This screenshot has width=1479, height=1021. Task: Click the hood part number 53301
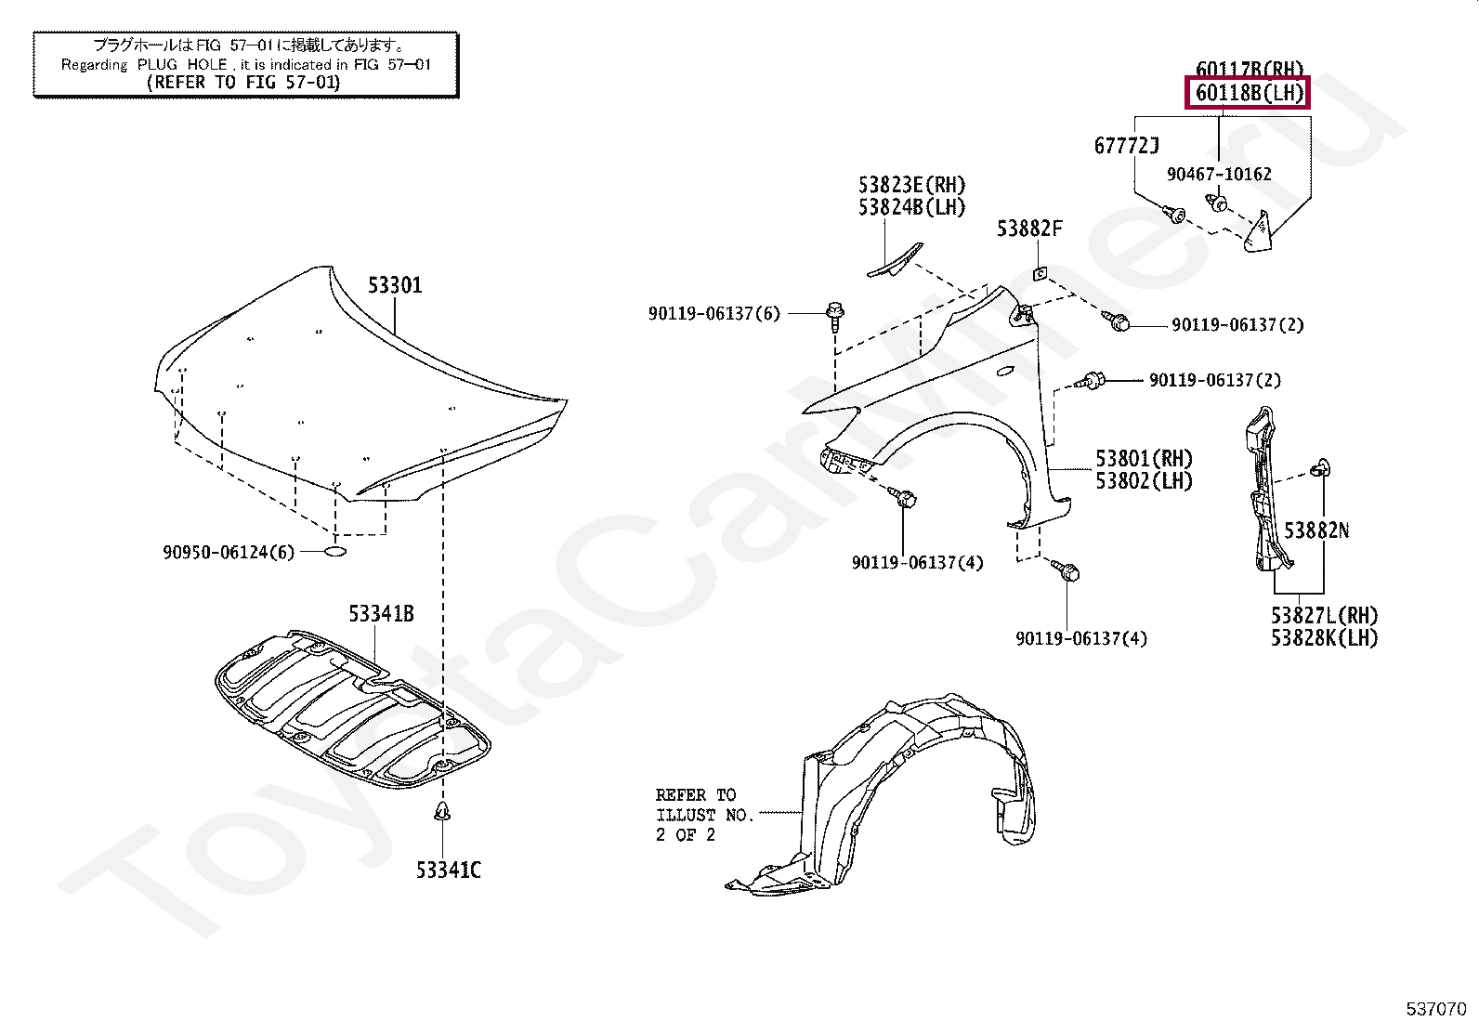pos(395,285)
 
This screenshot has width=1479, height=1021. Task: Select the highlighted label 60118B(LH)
pos(1249,93)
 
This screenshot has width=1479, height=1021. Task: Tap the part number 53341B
pos(381,614)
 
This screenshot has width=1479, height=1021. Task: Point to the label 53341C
pos(449,870)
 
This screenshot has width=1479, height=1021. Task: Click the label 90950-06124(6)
pos(229,553)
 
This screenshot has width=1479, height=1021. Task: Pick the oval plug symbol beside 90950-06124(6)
pos(335,552)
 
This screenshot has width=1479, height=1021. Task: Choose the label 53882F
pos(1029,229)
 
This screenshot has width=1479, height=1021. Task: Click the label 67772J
pos(1126,146)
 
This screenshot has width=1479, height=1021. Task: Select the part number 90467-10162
pos(1219,175)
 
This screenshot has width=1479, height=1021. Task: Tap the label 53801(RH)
pos(1144,459)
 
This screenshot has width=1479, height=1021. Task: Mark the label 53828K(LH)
pos(1324,638)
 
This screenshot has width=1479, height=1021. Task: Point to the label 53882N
pos(1316,530)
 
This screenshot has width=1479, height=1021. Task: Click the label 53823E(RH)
pos(911,186)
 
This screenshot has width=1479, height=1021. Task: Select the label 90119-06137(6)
pos(714,314)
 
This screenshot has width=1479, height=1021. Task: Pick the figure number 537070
pos(1435,1009)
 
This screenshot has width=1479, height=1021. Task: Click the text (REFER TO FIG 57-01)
pos(244,83)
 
